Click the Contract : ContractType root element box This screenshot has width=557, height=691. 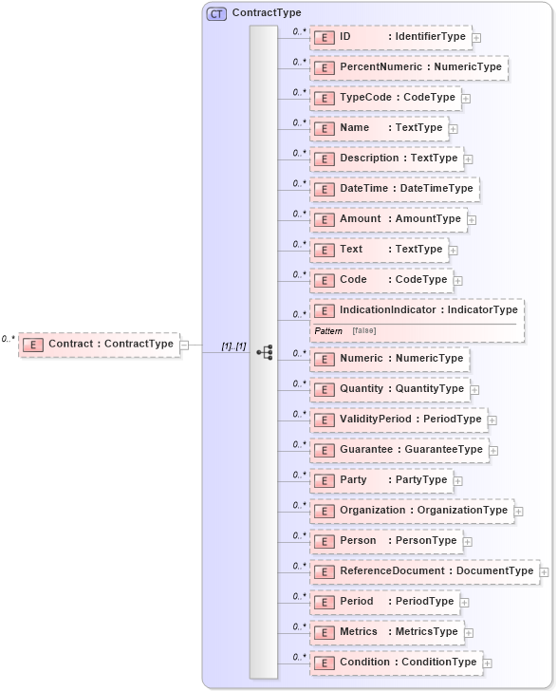tap(99, 344)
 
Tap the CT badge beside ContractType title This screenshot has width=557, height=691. tap(216, 13)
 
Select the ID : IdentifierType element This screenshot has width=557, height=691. tap(390, 37)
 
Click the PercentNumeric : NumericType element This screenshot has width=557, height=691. tap(409, 67)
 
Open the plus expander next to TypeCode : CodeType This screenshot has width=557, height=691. tap(467, 98)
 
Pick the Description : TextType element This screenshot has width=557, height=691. tap(386, 159)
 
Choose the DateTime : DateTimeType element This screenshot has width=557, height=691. tap(394, 189)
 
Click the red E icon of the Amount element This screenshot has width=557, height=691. tap(325, 219)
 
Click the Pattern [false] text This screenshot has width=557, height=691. tap(343, 329)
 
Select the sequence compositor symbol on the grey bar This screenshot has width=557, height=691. tap(265, 352)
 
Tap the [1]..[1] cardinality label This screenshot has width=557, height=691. tap(233, 346)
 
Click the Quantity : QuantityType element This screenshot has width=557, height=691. tap(390, 389)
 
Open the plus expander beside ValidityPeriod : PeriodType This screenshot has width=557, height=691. tap(492, 420)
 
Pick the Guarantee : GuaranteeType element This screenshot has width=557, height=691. tap(399, 450)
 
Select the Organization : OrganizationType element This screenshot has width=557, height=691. tap(412, 511)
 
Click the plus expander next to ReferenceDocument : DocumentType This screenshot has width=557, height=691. tap(544, 571)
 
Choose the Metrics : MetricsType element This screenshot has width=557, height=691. tap(386, 632)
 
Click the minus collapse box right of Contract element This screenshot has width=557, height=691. tap(184, 345)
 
